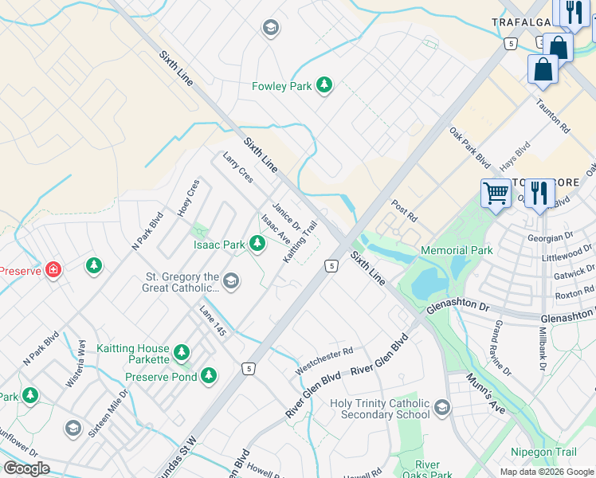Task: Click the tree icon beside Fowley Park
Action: [x=323, y=85]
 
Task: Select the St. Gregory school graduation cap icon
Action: [x=231, y=280]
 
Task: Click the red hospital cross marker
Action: [x=53, y=269]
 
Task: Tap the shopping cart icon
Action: [x=496, y=193]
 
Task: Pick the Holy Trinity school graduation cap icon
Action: [x=442, y=409]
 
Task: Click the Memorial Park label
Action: [x=457, y=250]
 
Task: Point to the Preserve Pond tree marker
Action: [x=209, y=375]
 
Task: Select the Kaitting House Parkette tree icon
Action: [x=182, y=351]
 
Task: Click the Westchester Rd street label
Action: [x=323, y=360]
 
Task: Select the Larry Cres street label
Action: [x=237, y=167]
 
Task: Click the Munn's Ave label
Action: [x=486, y=392]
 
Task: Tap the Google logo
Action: [x=27, y=468]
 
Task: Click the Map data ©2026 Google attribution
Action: [x=546, y=472]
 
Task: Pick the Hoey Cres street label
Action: [x=188, y=198]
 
